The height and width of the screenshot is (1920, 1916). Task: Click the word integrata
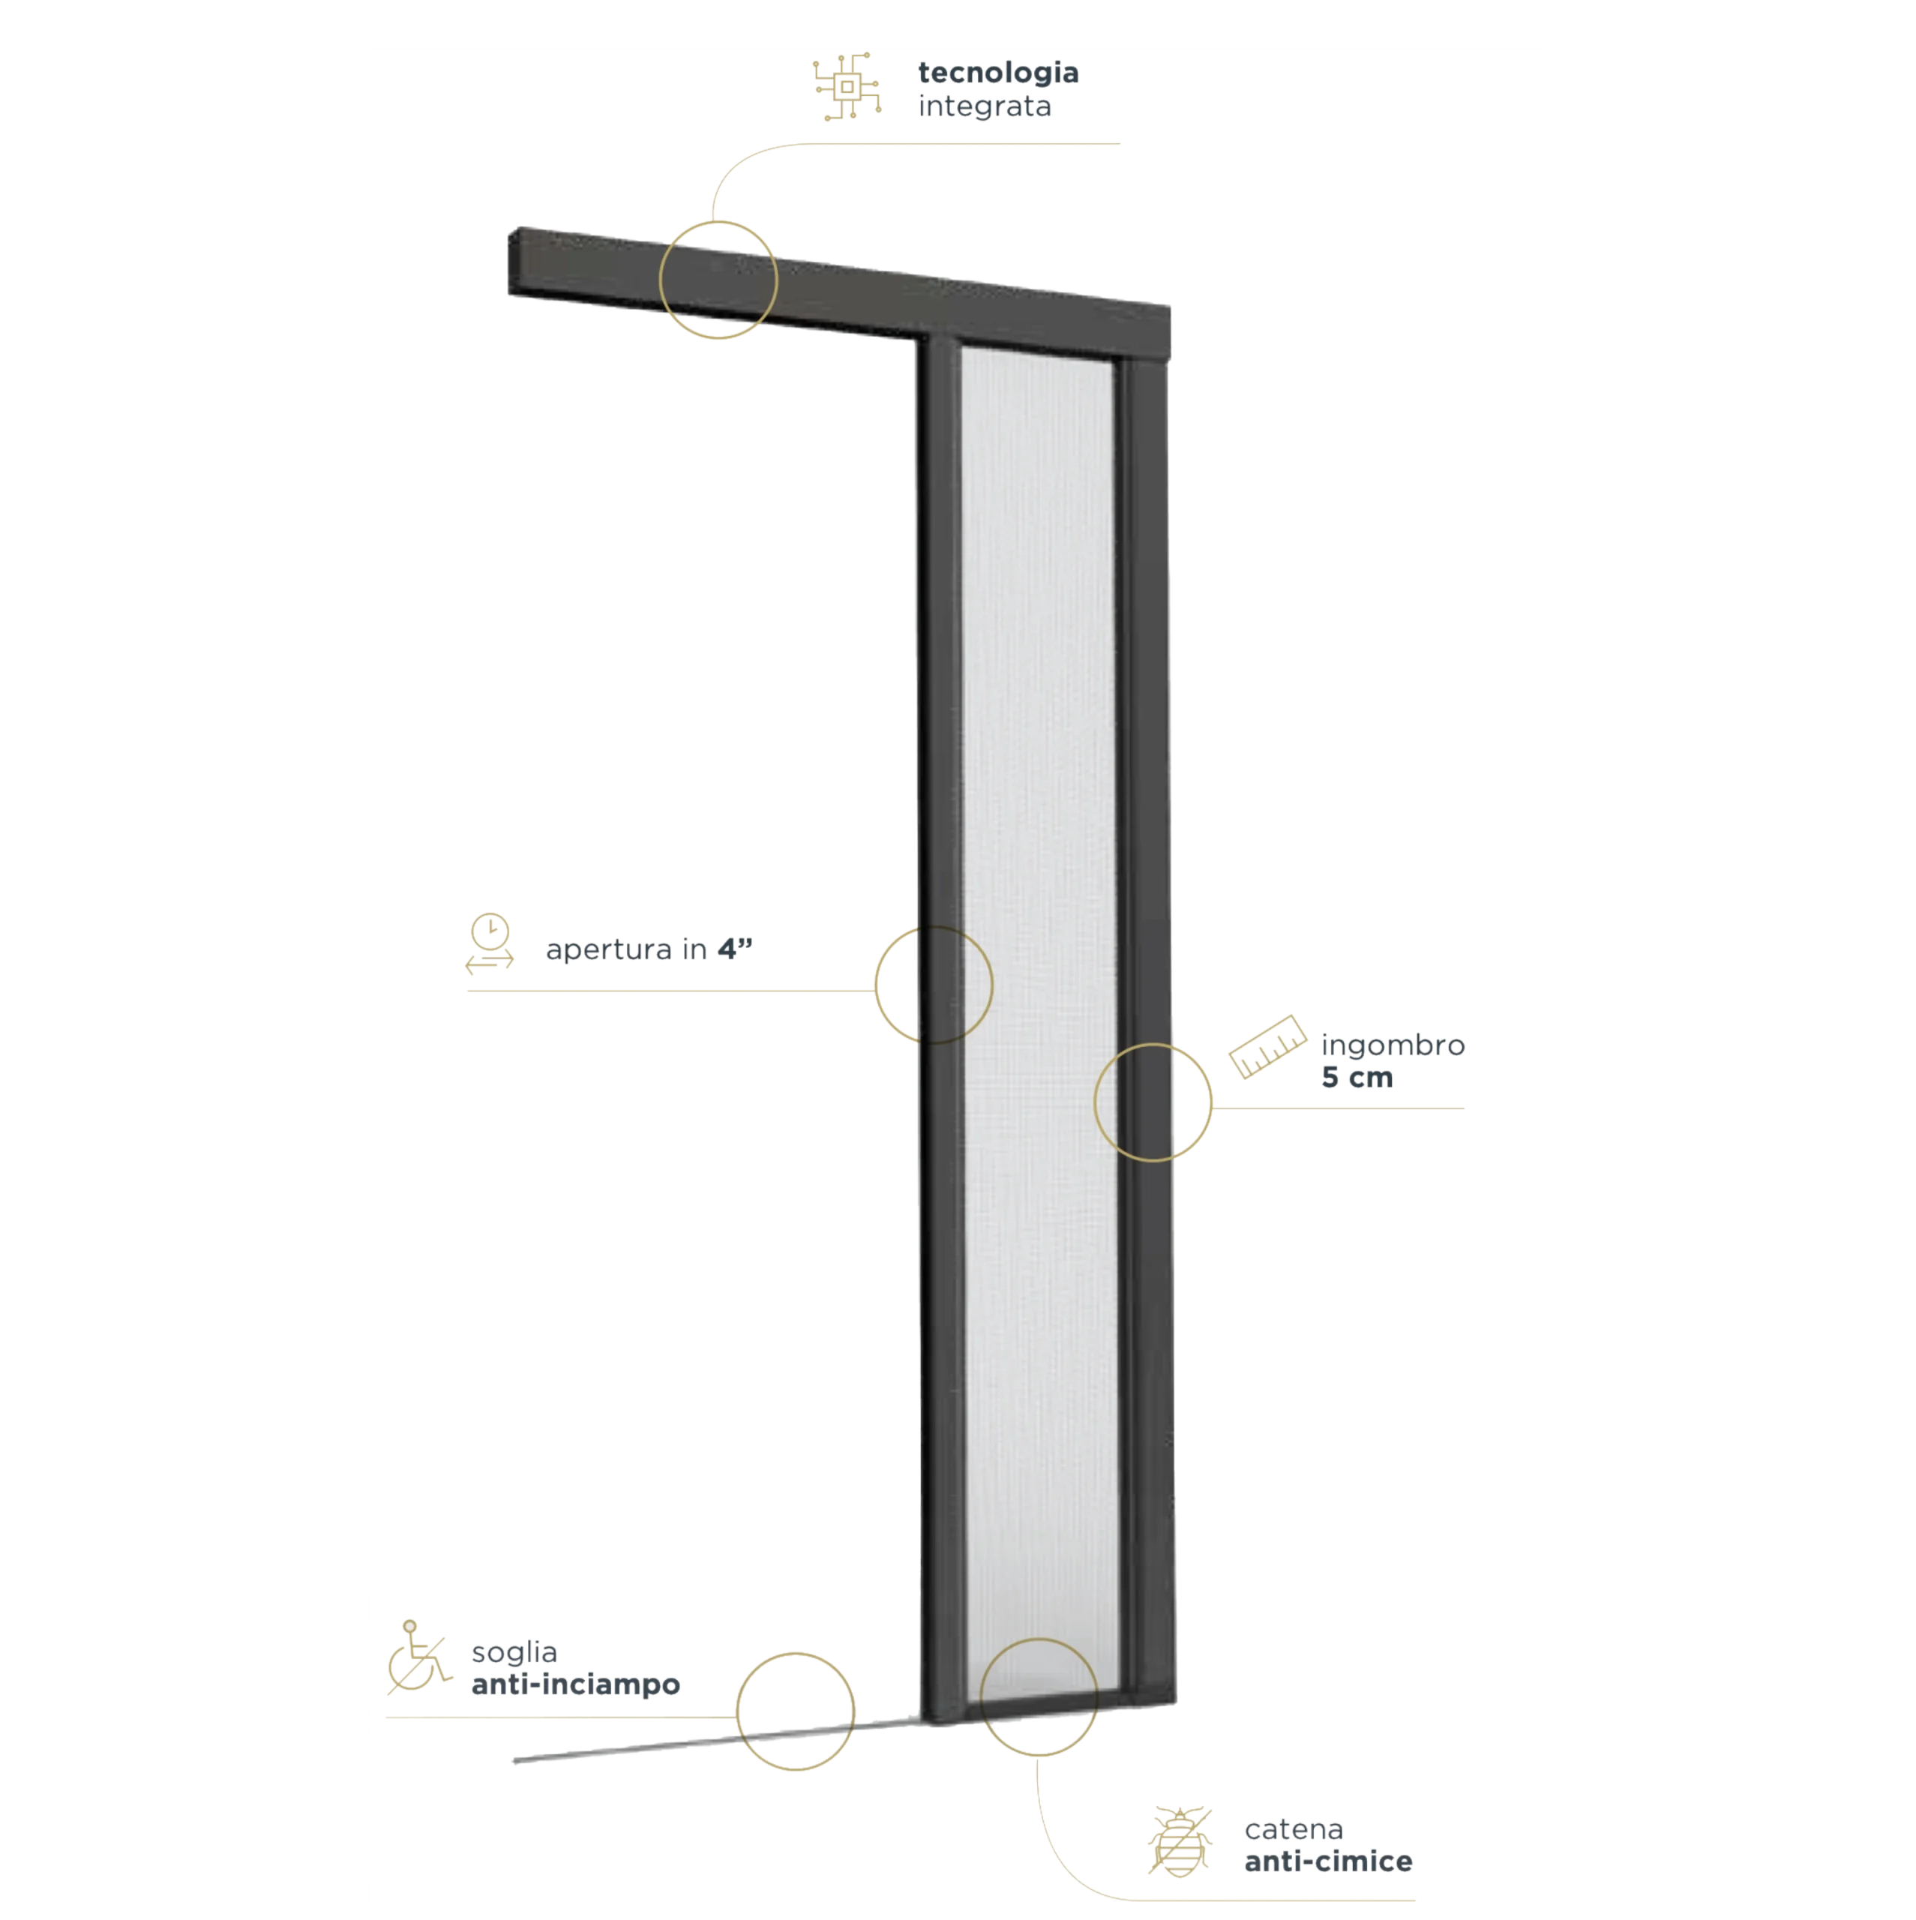(984, 106)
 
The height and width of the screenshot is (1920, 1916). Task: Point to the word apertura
(609, 951)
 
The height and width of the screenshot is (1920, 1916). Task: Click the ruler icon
(1267, 1046)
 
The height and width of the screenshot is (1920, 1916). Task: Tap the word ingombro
(1393, 1046)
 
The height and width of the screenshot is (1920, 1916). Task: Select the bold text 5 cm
(1357, 1077)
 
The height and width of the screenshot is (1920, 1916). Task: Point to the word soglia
(514, 1654)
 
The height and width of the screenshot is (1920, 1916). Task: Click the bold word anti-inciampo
(575, 1684)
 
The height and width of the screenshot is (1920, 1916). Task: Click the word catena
(1293, 1829)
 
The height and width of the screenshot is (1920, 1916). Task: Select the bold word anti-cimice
(1327, 1861)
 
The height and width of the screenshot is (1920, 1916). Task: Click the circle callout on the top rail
(718, 223)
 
